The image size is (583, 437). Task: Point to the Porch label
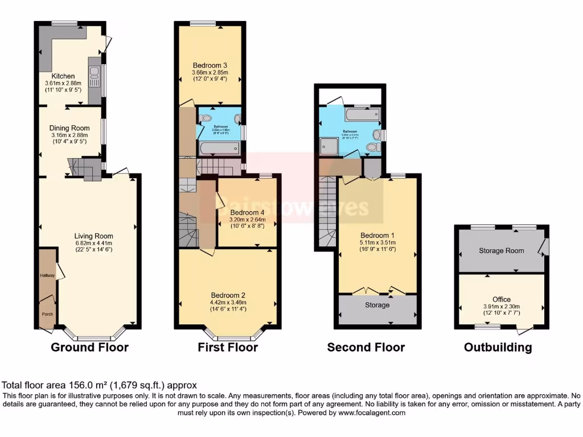coord(47,314)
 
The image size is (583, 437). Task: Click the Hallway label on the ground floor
coord(47,275)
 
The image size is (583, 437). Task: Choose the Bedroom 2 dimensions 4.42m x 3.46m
coord(228,303)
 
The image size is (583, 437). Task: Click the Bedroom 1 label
coord(377,235)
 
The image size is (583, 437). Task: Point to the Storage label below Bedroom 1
coord(377,306)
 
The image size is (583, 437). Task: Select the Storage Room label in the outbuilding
coord(501,250)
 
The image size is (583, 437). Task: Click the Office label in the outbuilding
coord(501,299)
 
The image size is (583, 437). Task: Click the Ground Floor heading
coord(89,347)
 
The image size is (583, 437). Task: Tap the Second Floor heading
coord(366,347)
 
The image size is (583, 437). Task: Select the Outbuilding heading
coord(498,347)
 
